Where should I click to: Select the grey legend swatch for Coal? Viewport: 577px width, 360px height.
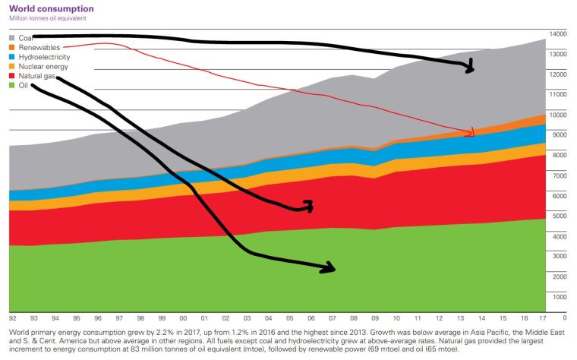pyautogui.click(x=13, y=36)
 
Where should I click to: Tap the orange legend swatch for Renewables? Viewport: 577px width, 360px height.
pyautogui.click(x=13, y=47)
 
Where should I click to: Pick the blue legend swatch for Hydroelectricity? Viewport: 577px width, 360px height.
pyautogui.click(x=13, y=57)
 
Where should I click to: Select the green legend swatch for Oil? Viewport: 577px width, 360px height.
pyautogui.click(x=13, y=87)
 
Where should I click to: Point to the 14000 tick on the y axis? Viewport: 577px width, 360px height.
pyautogui.click(x=559, y=35)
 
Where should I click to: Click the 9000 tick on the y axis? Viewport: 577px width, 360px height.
pyautogui.click(x=559, y=135)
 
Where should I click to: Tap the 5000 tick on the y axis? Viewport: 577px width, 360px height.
pyautogui.click(x=559, y=216)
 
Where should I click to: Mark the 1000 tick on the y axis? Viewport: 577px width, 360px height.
pyautogui.click(x=559, y=297)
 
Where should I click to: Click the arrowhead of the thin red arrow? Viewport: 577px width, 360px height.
pyautogui.click(x=471, y=133)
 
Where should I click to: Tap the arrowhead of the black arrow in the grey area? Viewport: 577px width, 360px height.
pyautogui.click(x=471, y=68)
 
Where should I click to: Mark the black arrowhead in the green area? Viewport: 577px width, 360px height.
pyautogui.click(x=330, y=267)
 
